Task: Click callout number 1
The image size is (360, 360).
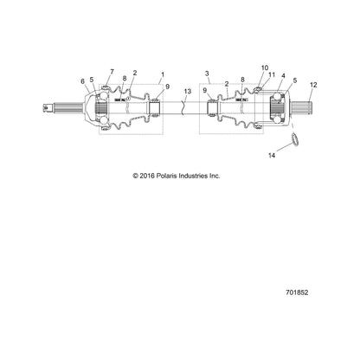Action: pyautogui.click(x=163, y=74)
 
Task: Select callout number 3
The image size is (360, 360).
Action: pyautogui.click(x=207, y=74)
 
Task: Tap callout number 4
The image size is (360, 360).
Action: pyautogui.click(x=283, y=76)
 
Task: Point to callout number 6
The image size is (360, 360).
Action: pyautogui.click(x=83, y=81)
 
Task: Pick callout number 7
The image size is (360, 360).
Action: pyautogui.click(x=112, y=72)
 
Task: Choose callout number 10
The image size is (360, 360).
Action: pyautogui.click(x=265, y=67)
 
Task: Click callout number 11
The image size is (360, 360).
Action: pyautogui.click(x=272, y=74)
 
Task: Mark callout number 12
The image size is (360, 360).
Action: pyautogui.click(x=313, y=85)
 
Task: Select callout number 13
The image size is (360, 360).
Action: pyautogui.click(x=188, y=92)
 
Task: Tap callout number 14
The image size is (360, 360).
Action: pyautogui.click(x=272, y=156)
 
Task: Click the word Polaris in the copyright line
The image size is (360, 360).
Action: pyautogui.click(x=167, y=176)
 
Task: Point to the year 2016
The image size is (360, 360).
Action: pyautogui.click(x=147, y=176)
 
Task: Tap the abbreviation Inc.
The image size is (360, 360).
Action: pyautogui.click(x=215, y=176)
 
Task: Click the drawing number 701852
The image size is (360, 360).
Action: pyautogui.click(x=297, y=292)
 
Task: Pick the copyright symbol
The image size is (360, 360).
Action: pyautogui.click(x=135, y=176)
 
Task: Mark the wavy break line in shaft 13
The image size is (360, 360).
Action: pyautogui.click(x=183, y=108)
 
